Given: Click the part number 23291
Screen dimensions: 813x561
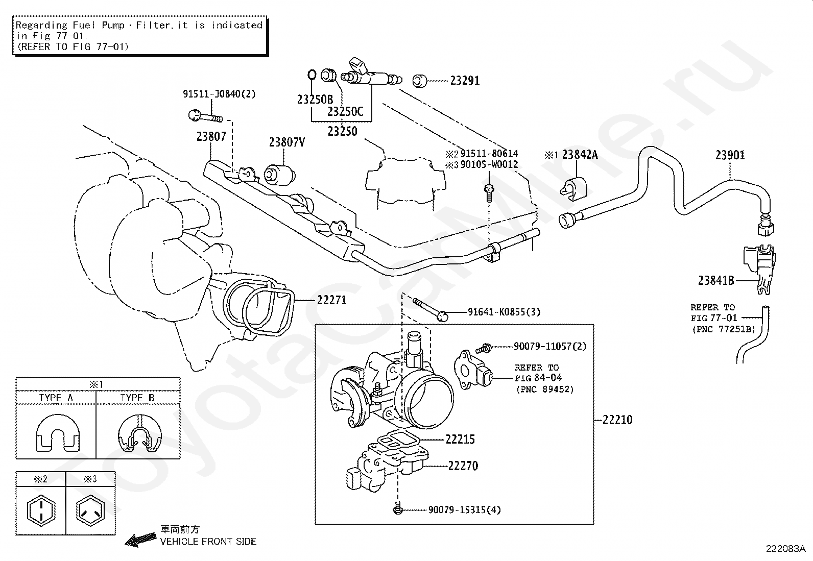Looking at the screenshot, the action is [465, 81].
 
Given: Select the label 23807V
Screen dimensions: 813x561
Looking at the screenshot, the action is [286, 142].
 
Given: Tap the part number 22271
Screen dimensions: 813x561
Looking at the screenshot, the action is [332, 300].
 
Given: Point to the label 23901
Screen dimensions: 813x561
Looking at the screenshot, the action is [730, 155].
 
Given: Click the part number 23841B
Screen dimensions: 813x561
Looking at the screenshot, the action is [716, 281].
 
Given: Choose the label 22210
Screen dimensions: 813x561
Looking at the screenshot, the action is [617, 420].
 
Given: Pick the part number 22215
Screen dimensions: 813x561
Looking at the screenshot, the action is [460, 440].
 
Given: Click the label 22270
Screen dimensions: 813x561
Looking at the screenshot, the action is [463, 466].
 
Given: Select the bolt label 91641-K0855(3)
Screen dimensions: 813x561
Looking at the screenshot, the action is [504, 312].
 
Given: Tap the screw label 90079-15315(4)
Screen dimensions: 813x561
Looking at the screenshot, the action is [465, 510].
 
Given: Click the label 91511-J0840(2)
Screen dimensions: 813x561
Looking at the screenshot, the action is [219, 94].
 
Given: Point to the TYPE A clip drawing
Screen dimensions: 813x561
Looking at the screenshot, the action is [57, 433].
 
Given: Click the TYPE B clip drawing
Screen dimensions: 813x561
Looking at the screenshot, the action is [140, 433].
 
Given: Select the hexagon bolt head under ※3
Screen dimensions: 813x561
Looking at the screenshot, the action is [90, 510].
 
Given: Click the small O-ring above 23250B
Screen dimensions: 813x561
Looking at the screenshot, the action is [312, 75].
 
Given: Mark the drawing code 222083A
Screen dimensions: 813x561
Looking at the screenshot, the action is [785, 549].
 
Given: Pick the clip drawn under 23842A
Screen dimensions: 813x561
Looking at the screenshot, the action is [573, 188].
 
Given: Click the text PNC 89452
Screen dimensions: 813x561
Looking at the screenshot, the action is [545, 389].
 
